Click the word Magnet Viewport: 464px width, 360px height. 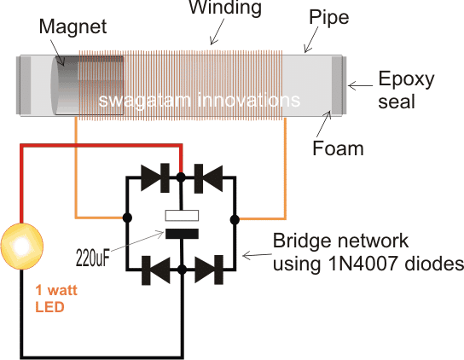tap(72, 26)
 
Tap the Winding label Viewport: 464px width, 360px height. tap(225, 7)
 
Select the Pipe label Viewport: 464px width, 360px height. tap(328, 18)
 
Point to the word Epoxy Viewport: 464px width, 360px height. tap(406, 79)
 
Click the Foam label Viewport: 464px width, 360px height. tap(338, 148)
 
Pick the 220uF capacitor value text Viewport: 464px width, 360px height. tap(93, 258)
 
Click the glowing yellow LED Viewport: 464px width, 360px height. tap(22, 246)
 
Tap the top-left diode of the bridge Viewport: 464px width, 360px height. tap(155, 177)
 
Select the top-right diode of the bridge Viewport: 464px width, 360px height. tap(208, 178)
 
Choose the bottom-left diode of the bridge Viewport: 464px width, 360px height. tap(156, 270)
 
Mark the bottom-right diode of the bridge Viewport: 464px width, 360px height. tap(209, 270)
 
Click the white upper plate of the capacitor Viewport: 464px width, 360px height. tap(182, 216)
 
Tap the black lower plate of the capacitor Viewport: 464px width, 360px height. tap(182, 234)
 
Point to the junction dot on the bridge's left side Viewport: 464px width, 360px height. tap(127, 218)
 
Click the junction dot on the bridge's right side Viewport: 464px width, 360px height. tap(235, 220)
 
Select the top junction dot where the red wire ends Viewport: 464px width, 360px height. tap(181, 177)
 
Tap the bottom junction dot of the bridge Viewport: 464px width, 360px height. tap(182, 270)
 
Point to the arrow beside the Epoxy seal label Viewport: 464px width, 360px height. tap(361, 86)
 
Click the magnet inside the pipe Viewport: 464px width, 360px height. tap(87, 85)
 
